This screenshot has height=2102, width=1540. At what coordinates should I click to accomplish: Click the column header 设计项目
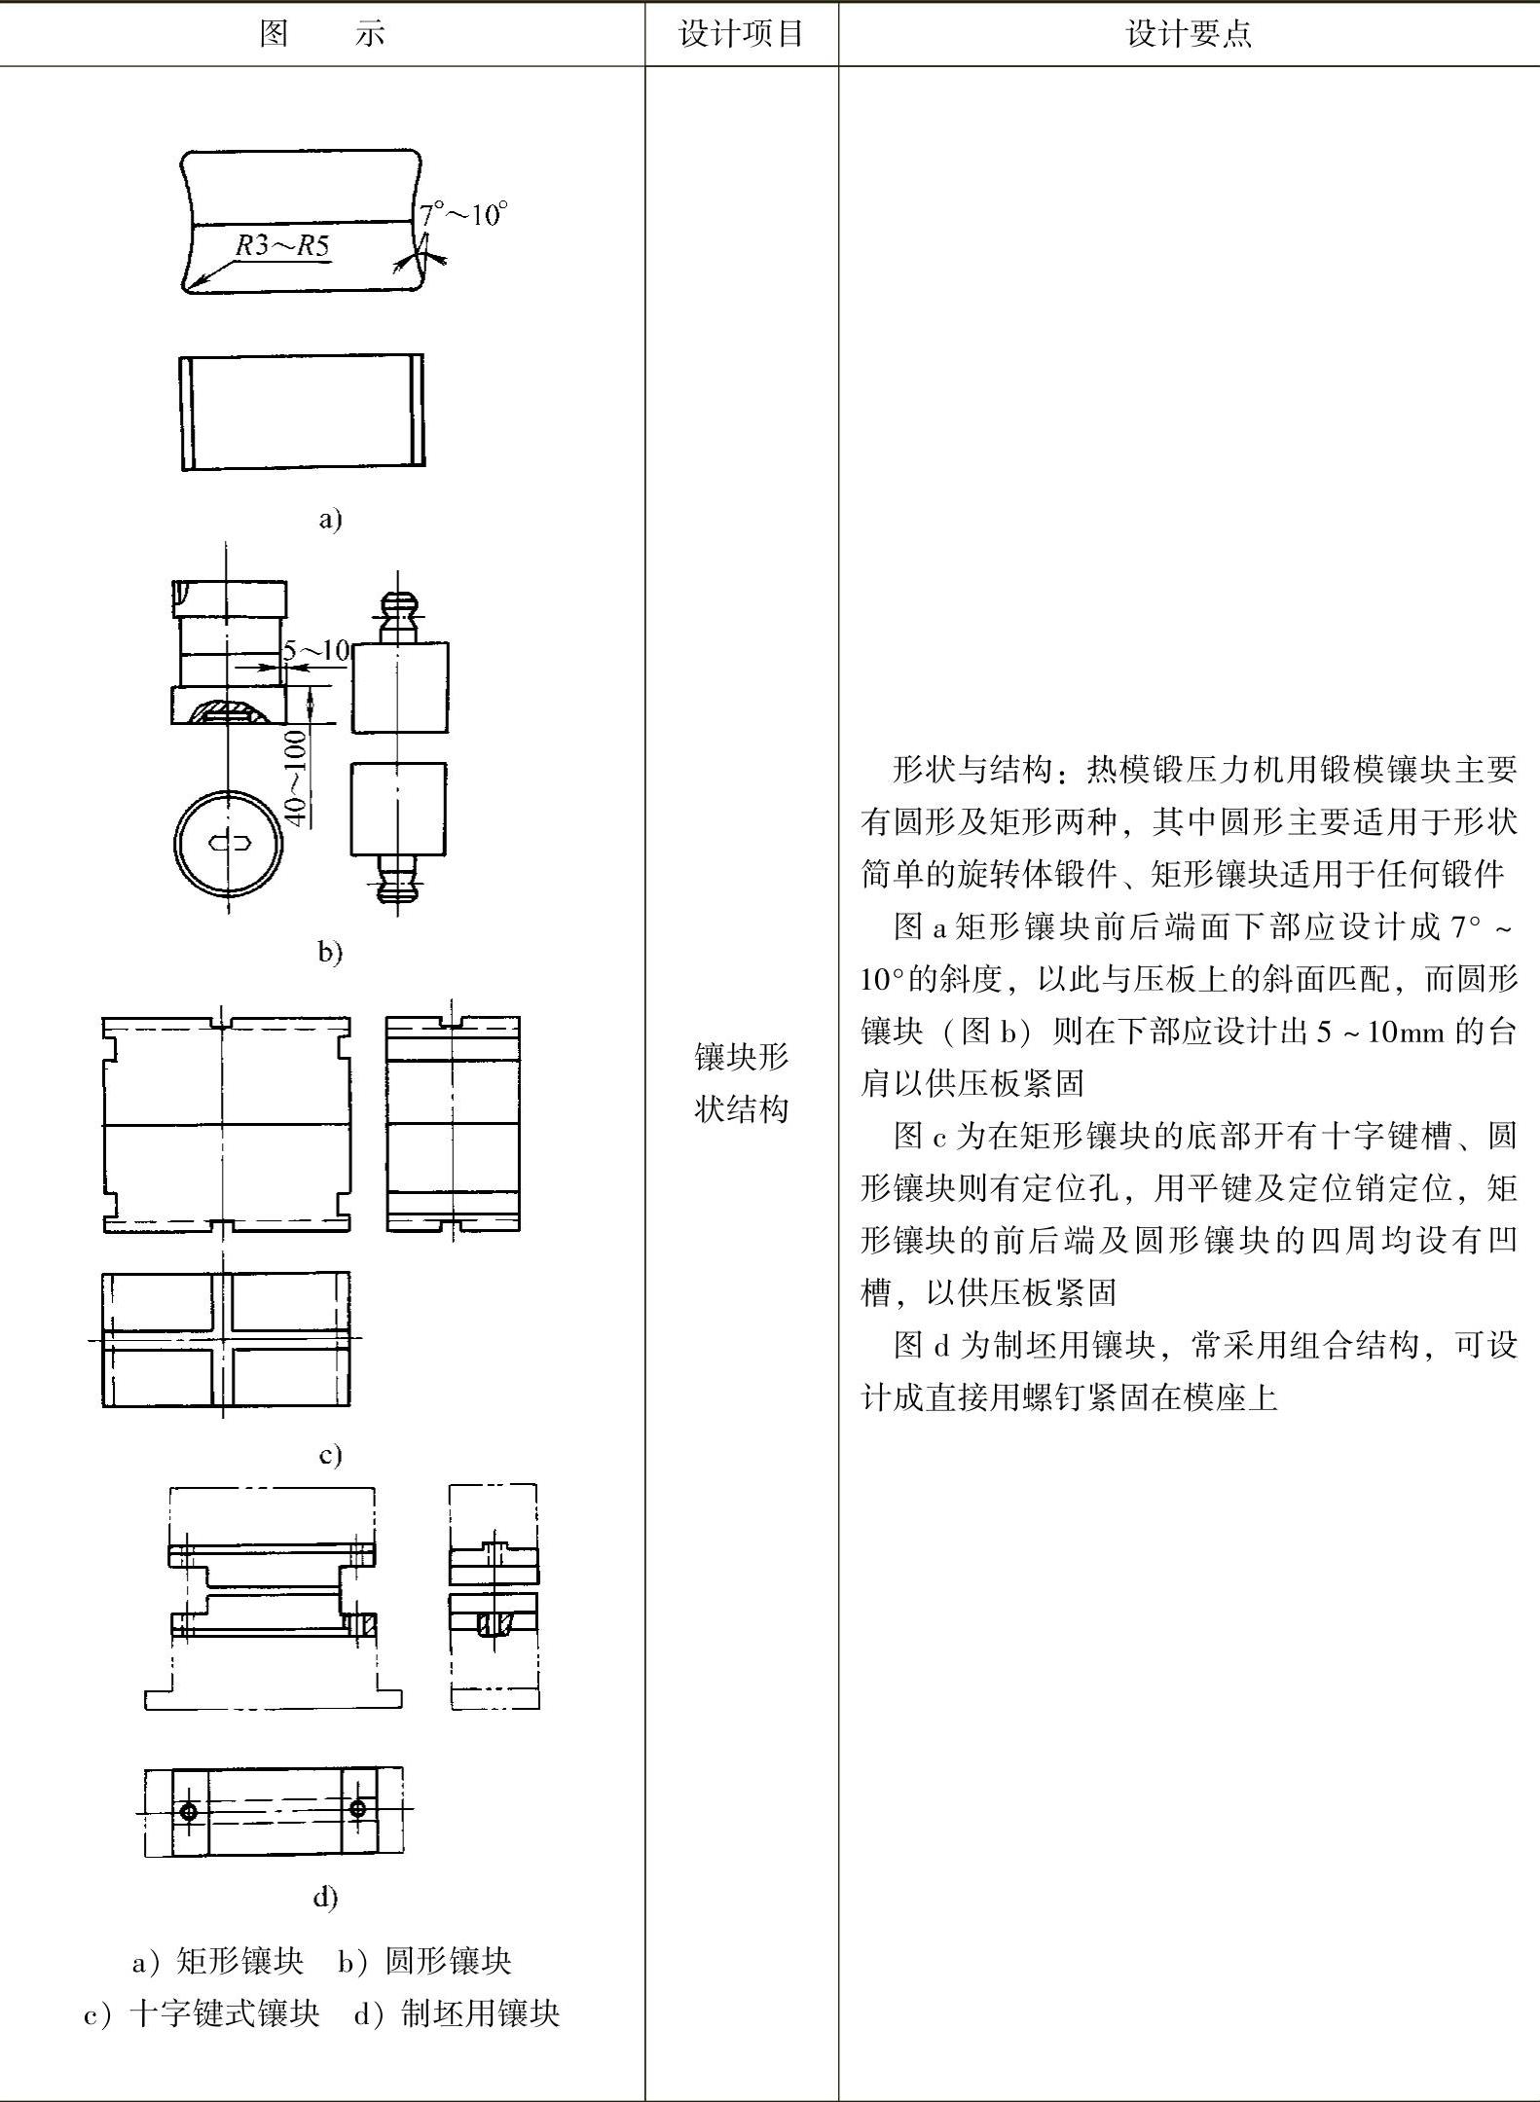coord(741,34)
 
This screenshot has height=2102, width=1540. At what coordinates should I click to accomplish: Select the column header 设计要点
coord(1188,34)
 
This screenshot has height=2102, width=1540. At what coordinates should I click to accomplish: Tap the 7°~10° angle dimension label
coord(463,214)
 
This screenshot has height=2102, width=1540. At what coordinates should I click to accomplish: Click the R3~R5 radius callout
coord(282,245)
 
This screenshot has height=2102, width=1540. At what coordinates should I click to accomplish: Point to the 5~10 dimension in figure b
coord(316,650)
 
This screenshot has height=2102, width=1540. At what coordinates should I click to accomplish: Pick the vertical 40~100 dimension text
coord(295,779)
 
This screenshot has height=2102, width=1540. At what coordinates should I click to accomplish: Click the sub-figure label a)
coord(330,519)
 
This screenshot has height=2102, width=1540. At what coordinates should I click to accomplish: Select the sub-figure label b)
coord(330,951)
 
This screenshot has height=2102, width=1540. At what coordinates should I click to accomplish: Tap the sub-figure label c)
coord(330,1454)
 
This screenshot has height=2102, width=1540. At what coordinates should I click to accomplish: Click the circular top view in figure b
coord(230,843)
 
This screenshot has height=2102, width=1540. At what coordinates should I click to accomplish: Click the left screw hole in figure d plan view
coord(189,1811)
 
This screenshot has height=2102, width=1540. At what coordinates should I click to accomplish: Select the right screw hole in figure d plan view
coord(358,1808)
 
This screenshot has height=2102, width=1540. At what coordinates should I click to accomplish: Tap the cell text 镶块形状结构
coord(741,1082)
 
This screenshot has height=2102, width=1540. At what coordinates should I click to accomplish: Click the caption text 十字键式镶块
coord(225,2013)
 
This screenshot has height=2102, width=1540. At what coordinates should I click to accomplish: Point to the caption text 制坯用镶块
coord(481,2013)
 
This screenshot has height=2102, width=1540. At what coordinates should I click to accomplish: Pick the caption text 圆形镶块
coord(449,1961)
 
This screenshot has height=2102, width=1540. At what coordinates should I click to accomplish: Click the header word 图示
coord(322,34)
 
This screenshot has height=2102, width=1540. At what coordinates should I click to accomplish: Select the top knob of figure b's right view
coord(399,608)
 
